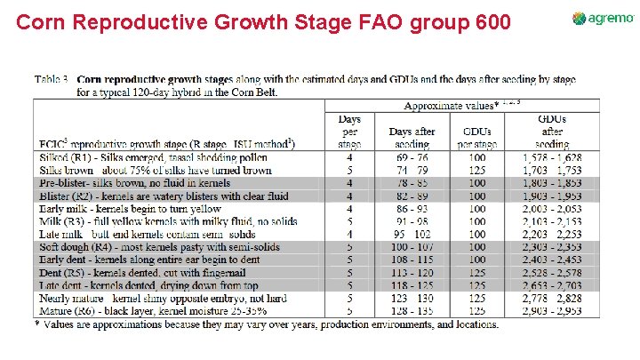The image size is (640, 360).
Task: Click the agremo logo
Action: point(604,19)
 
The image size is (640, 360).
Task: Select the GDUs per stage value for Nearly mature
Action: point(476,300)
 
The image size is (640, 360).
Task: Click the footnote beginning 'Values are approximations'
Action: point(267,324)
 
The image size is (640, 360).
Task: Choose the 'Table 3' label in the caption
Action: point(52,79)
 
